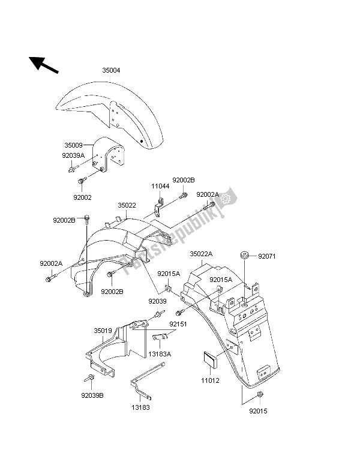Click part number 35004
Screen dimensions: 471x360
point(110,70)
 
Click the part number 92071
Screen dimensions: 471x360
point(268,257)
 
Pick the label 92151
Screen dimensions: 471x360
point(177,324)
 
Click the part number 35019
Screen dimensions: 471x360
point(103,330)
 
